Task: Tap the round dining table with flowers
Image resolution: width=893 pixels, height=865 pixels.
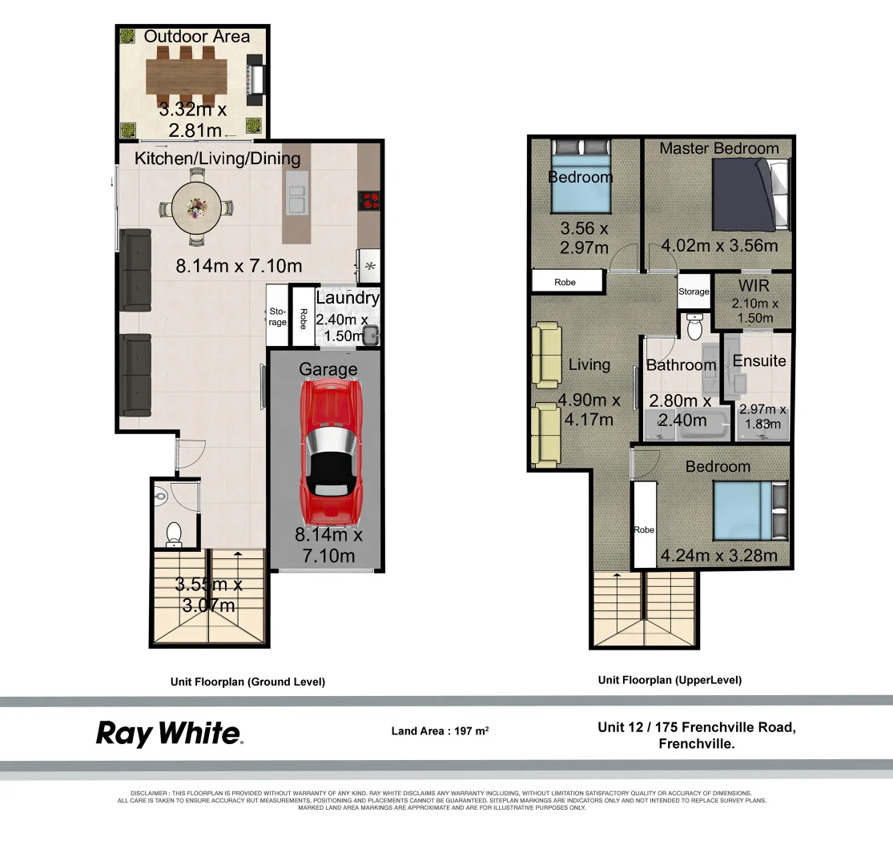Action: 196,209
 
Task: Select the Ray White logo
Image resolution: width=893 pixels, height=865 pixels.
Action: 169,734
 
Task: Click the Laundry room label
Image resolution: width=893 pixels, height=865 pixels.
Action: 347,298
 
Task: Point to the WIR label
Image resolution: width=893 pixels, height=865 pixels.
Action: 754,286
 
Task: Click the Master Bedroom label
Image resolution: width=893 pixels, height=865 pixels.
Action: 718,148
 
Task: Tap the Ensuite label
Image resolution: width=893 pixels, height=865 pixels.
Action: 759,360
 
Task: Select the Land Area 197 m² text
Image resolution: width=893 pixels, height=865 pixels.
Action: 440,730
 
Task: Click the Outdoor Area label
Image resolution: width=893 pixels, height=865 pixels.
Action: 196,37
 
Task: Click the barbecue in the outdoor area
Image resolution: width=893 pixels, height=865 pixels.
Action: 255,80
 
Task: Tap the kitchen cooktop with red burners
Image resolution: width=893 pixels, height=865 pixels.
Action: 369,200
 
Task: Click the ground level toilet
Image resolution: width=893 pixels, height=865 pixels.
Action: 174,533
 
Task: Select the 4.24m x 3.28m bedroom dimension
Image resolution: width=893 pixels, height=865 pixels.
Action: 718,555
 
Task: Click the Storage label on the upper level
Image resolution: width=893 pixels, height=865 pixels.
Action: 694,292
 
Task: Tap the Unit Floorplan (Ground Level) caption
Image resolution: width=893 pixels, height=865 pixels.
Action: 247,682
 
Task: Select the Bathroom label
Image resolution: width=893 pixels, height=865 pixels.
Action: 681,365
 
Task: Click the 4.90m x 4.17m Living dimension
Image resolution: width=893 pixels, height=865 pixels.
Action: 589,409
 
